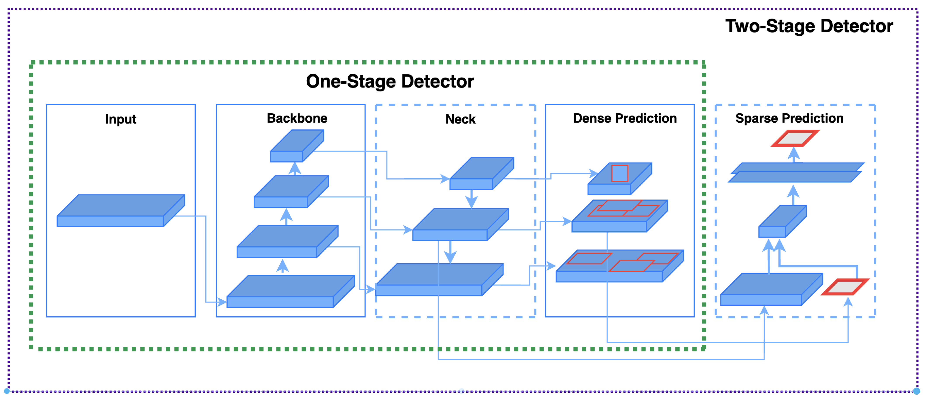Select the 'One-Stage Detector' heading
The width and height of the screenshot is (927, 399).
click(390, 81)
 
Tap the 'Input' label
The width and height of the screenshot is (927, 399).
click(121, 119)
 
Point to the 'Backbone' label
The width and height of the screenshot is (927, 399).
click(297, 118)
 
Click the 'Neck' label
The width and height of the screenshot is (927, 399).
click(460, 119)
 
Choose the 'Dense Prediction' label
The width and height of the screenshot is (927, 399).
click(625, 118)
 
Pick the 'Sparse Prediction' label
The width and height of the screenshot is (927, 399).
click(789, 118)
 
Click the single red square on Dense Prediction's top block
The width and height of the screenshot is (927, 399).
click(619, 173)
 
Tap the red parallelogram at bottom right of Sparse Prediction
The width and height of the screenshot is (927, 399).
click(845, 287)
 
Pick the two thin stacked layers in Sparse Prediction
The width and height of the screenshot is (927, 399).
click(796, 172)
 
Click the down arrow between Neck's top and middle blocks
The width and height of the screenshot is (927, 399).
click(471, 199)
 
